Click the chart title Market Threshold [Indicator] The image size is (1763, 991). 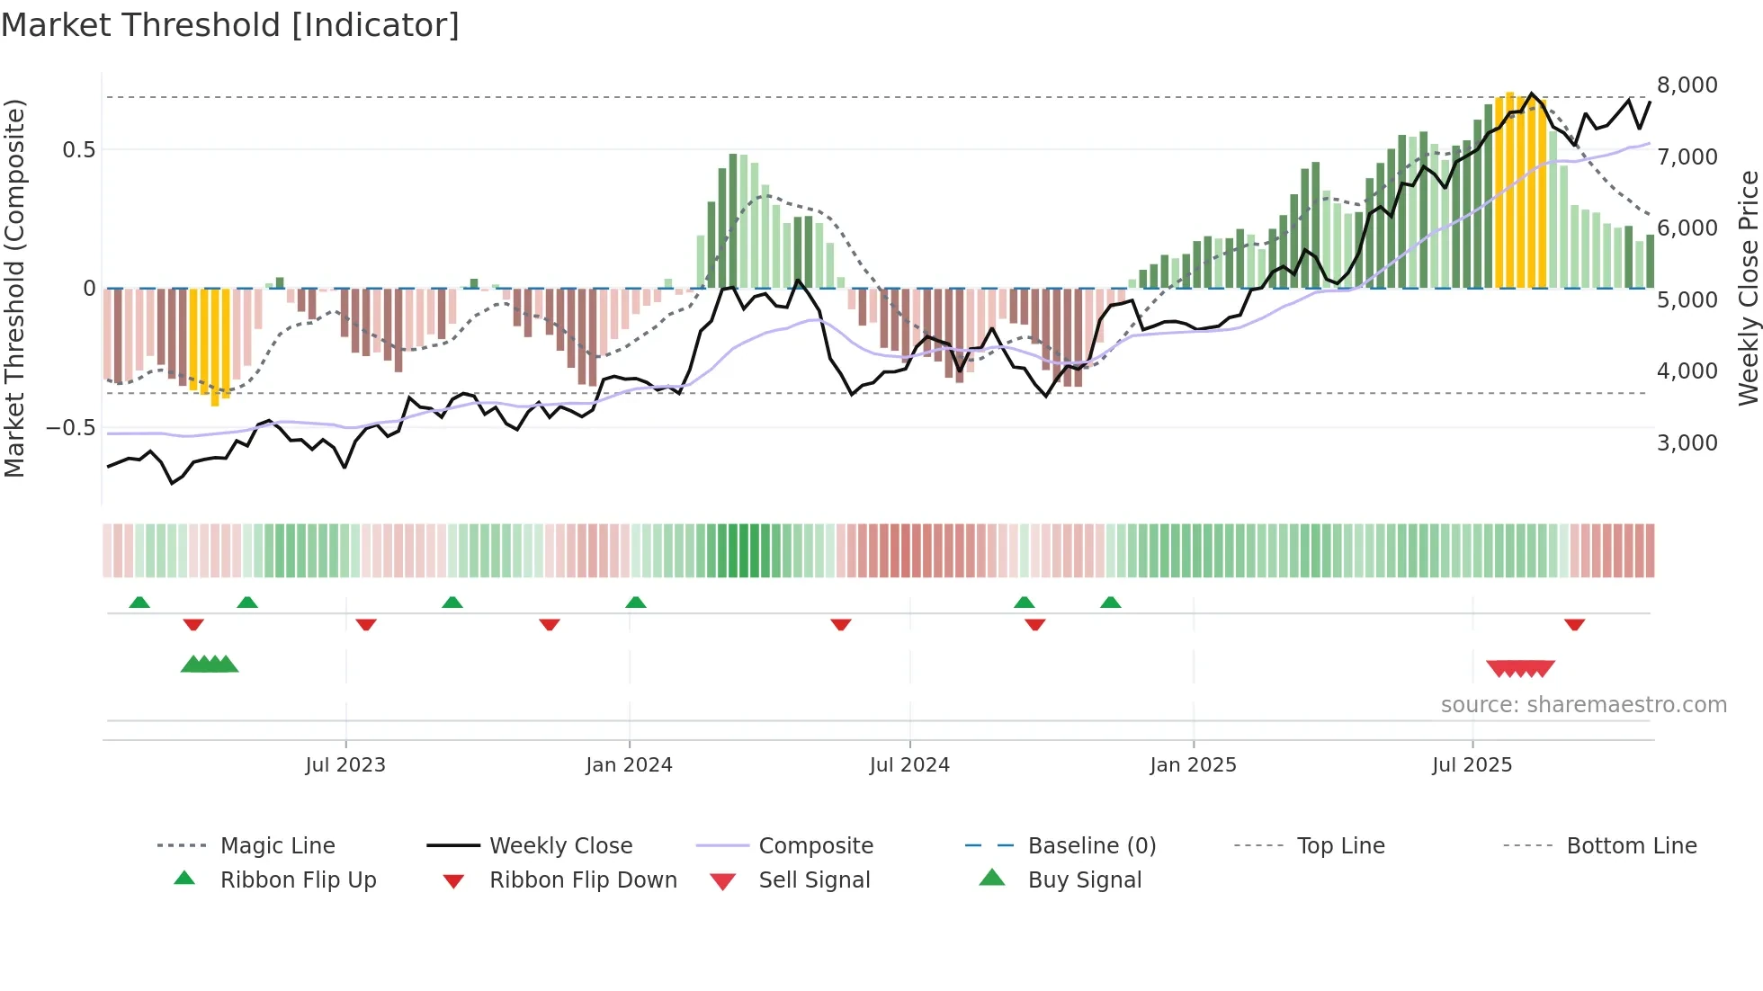point(230,25)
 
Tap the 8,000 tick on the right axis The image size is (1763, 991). point(1687,85)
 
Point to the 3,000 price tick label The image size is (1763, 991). point(1687,442)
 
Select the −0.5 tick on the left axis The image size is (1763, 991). point(70,428)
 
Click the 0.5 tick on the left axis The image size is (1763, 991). point(78,150)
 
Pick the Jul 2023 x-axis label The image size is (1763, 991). point(345,765)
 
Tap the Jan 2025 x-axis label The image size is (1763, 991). point(1193,765)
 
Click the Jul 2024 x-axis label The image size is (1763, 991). point(909,765)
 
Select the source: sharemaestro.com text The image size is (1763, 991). point(1583,705)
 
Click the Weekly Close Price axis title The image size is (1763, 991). point(1748,288)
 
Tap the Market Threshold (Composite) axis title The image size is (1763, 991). point(15,288)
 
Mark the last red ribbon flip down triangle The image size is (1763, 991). point(1574,624)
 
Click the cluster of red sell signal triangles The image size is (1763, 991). point(1520,668)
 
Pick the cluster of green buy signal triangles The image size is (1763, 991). point(210,665)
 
